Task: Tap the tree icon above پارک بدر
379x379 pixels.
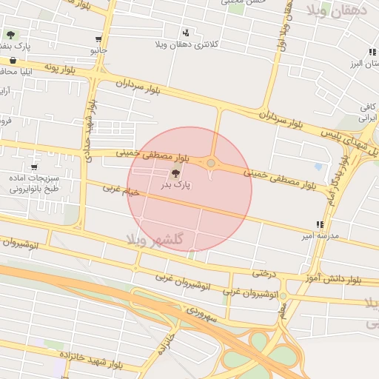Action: (x=175, y=172)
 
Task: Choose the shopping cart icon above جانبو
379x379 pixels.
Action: (x=98, y=39)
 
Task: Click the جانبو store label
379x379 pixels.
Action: (x=99, y=51)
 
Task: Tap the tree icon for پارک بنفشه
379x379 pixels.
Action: (x=10, y=34)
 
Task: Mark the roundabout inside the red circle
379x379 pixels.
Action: (x=211, y=163)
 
